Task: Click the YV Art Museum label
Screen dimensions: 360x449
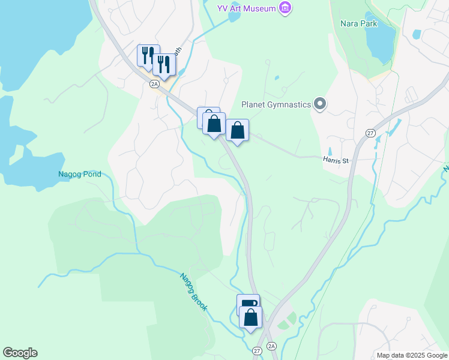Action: point(247,8)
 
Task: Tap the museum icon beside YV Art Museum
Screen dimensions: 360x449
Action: point(286,8)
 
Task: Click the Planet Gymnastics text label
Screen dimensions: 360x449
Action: point(276,104)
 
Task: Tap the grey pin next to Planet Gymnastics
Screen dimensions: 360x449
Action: point(320,104)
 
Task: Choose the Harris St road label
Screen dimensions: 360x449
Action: point(335,161)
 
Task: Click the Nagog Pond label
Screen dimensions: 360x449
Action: point(80,175)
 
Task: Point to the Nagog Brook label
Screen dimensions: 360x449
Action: point(194,292)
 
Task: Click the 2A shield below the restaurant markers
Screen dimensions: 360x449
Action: point(154,83)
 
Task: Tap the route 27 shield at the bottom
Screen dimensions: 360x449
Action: point(257,350)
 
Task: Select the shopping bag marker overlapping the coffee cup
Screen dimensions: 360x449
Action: point(250,316)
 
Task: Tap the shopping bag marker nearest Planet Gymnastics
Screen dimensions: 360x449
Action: point(238,130)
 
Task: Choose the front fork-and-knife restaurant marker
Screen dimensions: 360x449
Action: point(163,63)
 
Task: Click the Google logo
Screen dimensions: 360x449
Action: point(20,353)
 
